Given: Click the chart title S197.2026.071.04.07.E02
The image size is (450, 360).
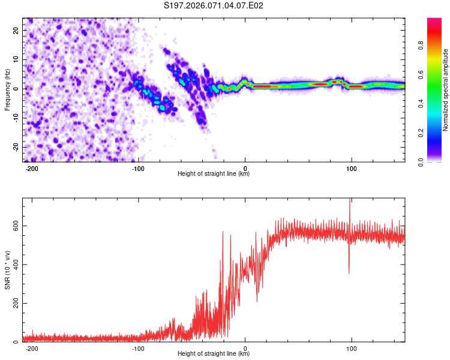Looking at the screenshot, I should pyautogui.click(x=214, y=5).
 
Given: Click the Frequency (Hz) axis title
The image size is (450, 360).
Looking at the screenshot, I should pyautogui.click(x=7, y=89).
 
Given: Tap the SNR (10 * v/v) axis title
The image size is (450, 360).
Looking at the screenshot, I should pyautogui.click(x=7, y=270).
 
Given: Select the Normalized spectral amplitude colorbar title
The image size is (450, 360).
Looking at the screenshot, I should pyautogui.click(x=446, y=89).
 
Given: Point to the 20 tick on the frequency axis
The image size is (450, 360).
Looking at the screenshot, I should pyautogui.click(x=17, y=30).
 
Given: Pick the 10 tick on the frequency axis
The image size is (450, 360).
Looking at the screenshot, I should pyautogui.click(x=17, y=59).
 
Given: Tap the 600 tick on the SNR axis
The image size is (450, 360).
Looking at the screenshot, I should pyautogui.click(x=14, y=226).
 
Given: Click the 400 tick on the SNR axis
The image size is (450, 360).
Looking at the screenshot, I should pyautogui.click(x=14, y=265).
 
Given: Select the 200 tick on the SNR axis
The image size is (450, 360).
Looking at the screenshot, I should pyautogui.click(x=14, y=304).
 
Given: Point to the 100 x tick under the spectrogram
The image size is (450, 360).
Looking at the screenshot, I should pyautogui.click(x=351, y=167).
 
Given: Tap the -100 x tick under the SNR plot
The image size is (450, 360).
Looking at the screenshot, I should pyautogui.click(x=138, y=348).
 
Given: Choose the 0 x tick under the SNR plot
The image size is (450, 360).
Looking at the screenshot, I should pyautogui.click(x=245, y=348).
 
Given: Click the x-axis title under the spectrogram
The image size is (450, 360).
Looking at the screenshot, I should pyautogui.click(x=214, y=174).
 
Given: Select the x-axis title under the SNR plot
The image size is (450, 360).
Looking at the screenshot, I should pyautogui.click(x=214, y=355).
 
